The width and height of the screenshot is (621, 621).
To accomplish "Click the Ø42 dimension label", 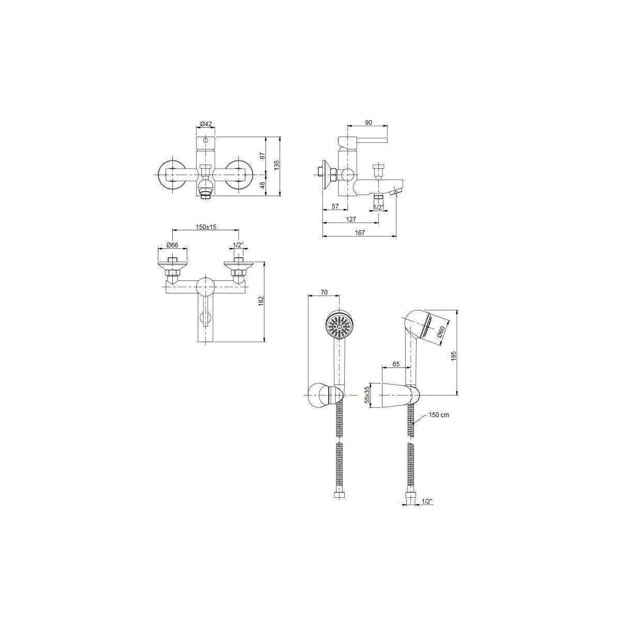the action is [x=206, y=124].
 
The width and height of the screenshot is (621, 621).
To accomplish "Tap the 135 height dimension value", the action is [x=277, y=165].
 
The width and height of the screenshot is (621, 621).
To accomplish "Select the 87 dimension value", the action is [x=262, y=156].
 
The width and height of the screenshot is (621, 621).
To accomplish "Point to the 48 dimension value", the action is [x=262, y=185].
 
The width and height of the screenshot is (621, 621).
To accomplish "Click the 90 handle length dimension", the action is [x=368, y=123].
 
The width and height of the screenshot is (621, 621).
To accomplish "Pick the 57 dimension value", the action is [x=335, y=206].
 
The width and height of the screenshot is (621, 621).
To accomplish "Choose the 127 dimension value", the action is [x=351, y=219].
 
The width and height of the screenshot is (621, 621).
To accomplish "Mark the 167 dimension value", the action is [x=360, y=233].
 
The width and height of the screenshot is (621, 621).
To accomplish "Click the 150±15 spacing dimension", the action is [x=206, y=227].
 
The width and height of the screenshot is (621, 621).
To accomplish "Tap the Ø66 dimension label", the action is [x=172, y=245].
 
